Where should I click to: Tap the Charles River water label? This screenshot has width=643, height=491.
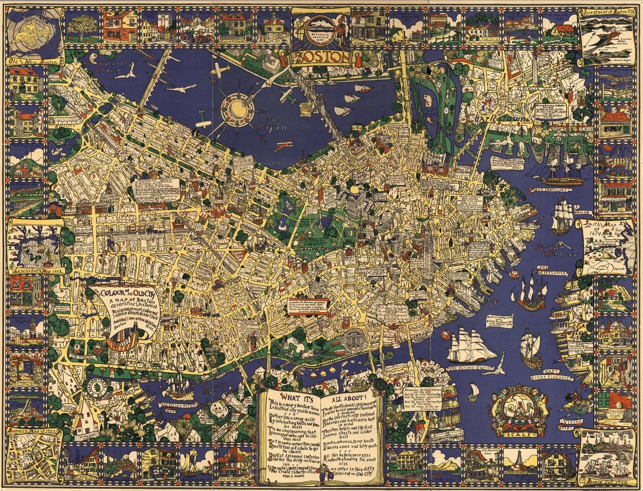(x=108, y=66)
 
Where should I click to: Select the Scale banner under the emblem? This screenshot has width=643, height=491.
(x=519, y=434)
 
